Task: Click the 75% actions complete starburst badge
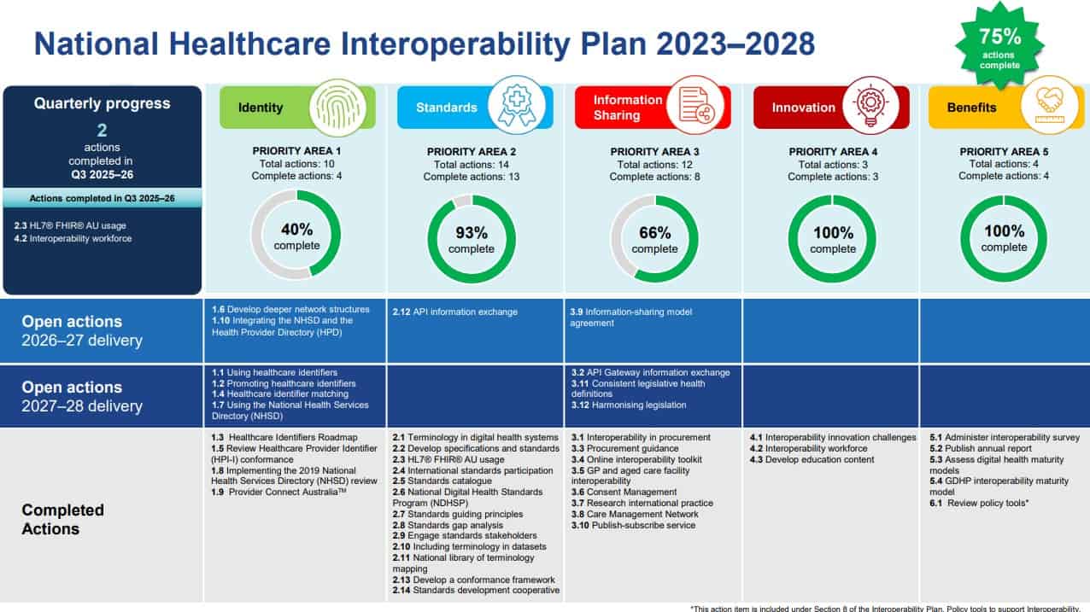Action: (999, 48)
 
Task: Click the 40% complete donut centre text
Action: (296, 236)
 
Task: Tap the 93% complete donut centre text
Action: (472, 239)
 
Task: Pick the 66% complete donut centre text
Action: (654, 239)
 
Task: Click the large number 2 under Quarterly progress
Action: (102, 129)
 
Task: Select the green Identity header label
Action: (261, 108)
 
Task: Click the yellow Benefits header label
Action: (971, 108)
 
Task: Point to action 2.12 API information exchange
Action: (454, 312)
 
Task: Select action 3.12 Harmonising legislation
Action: (628, 405)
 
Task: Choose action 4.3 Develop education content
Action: (812, 460)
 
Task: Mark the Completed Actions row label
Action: (63, 520)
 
